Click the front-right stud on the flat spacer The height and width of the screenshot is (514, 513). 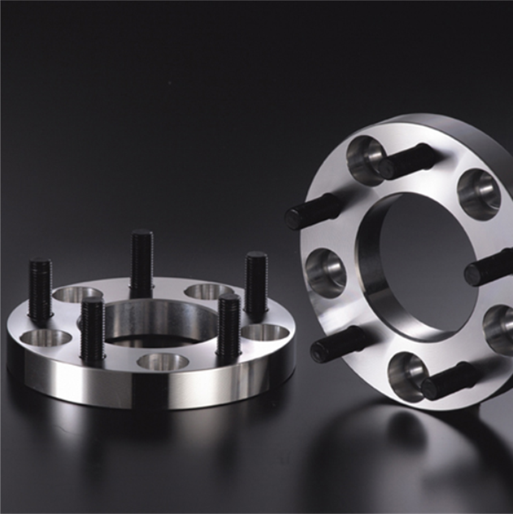tap(229, 327)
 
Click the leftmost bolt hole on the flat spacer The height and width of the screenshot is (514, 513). tap(45, 338)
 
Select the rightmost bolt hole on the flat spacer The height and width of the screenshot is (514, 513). tap(265, 332)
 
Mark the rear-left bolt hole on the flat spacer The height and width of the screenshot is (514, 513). tap(77, 295)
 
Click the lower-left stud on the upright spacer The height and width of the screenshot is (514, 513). tap(338, 344)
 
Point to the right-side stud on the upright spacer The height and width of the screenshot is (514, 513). tap(489, 267)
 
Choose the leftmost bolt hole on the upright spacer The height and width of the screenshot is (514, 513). tap(325, 272)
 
